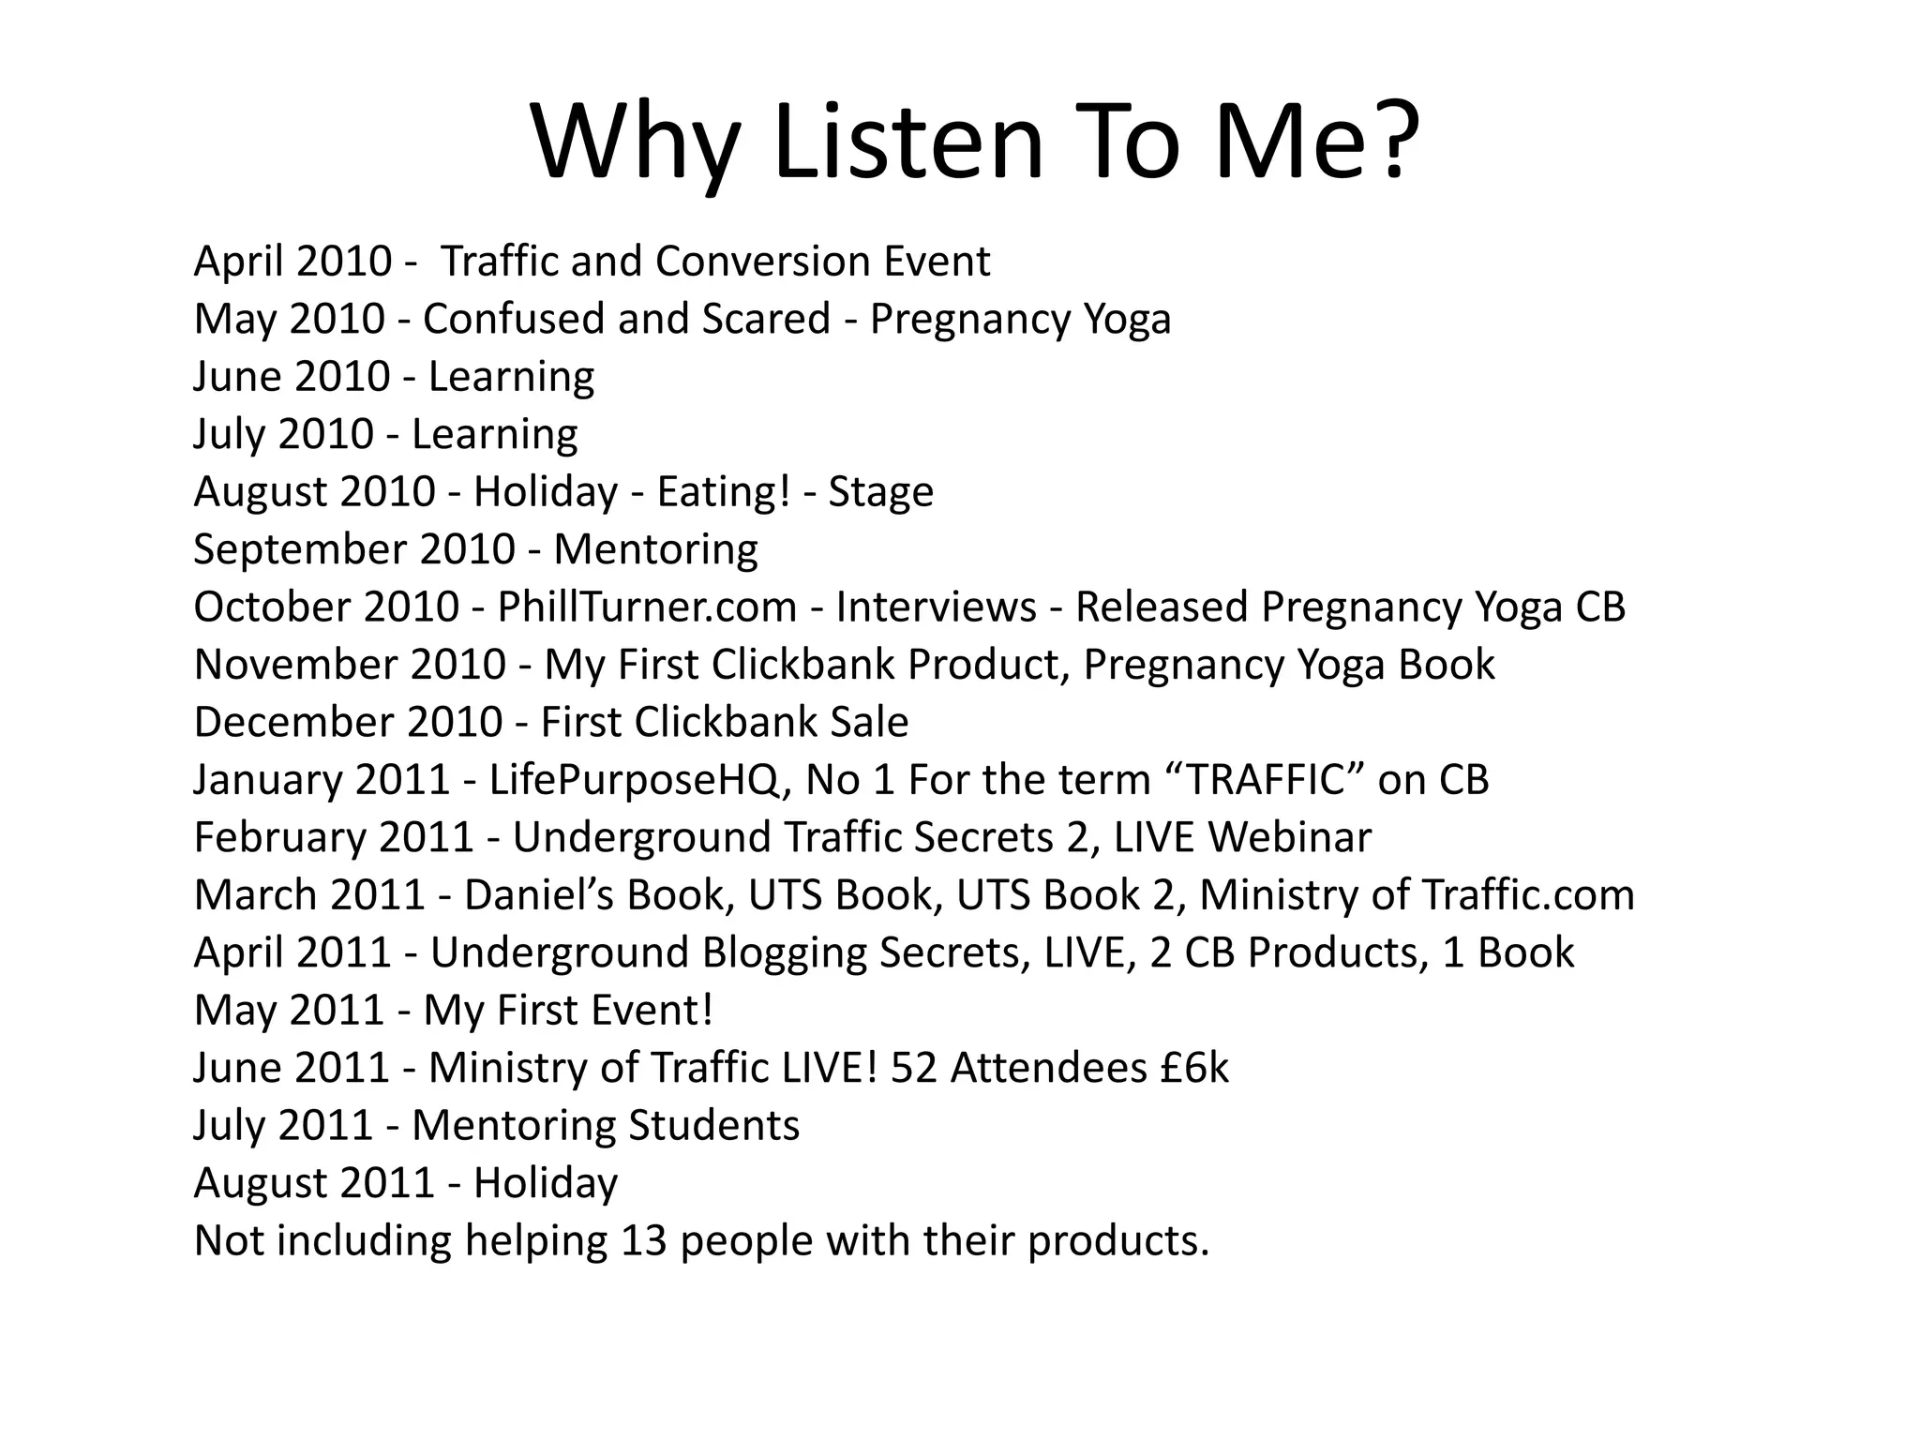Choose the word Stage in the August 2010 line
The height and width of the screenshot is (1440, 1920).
880,491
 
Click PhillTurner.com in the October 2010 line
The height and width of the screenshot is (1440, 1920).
647,607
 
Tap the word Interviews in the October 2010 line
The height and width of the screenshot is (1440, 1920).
936,607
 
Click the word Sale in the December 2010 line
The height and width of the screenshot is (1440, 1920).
869,722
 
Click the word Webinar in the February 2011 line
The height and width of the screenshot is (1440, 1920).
1289,837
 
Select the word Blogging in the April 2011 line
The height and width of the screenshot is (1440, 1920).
784,952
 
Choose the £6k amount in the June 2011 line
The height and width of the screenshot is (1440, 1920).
1193,1068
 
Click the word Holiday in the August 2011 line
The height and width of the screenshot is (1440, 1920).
546,1183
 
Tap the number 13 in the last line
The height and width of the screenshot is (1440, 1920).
643,1240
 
